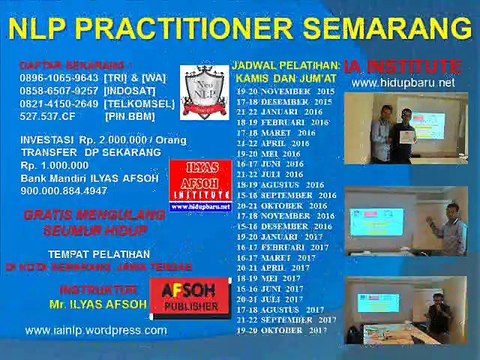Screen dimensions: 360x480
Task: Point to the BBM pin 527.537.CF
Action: (49, 116)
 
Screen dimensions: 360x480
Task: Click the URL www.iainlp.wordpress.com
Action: (96, 329)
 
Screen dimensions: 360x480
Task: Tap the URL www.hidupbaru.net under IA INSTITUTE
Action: (403, 83)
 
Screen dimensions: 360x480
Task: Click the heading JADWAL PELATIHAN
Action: (286, 64)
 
